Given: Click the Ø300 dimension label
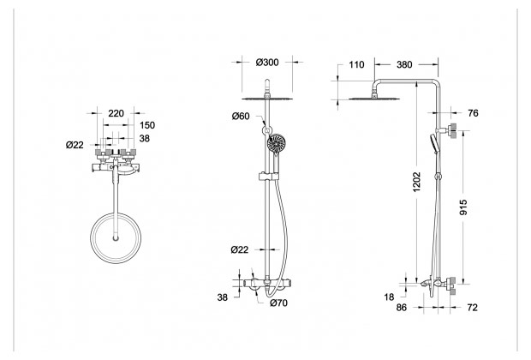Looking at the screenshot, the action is [x=267, y=63].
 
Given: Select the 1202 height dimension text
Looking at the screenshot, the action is [x=416, y=182].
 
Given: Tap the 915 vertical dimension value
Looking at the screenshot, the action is [x=463, y=207].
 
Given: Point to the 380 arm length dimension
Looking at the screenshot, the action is [x=404, y=64].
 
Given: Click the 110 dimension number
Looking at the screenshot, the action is [x=356, y=64].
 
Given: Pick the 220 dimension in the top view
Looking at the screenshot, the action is [x=116, y=113].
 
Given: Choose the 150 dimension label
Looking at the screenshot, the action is [x=147, y=125].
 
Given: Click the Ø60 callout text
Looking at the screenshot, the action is [x=241, y=117].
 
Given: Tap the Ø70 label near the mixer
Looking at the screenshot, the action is [x=278, y=303].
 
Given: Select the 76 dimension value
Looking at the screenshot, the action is [x=473, y=113].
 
